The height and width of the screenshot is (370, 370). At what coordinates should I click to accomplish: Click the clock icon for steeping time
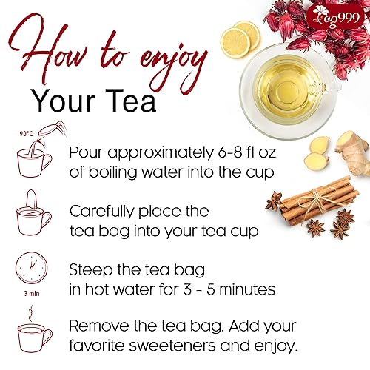[x=31, y=267]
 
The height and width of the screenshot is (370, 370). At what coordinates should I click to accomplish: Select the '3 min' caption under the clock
[x=30, y=292]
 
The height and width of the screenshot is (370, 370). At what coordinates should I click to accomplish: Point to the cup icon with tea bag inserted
[x=33, y=214]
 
